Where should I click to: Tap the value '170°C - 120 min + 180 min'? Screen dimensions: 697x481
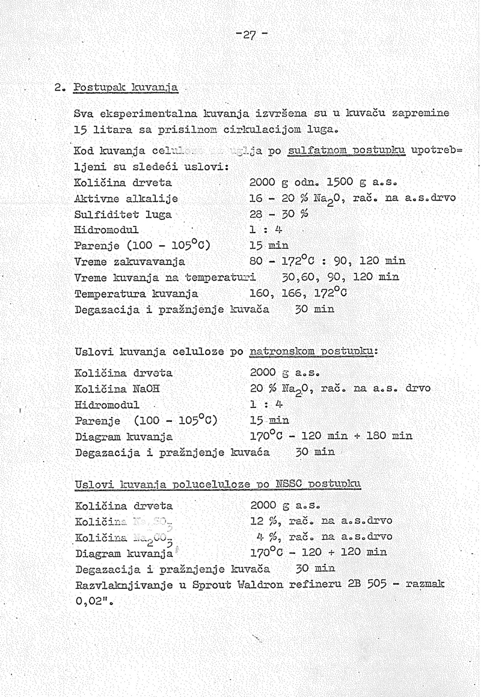point(331,436)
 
